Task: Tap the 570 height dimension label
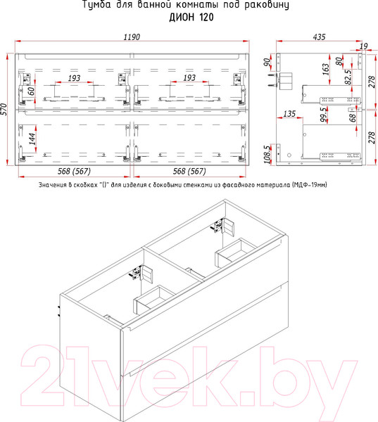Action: click(x=5, y=109)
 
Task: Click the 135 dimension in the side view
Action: click(x=289, y=113)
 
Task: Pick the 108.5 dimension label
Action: click(x=268, y=154)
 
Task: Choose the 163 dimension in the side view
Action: click(x=326, y=70)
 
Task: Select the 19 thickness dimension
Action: click(x=363, y=46)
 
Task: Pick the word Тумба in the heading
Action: click(x=96, y=6)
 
